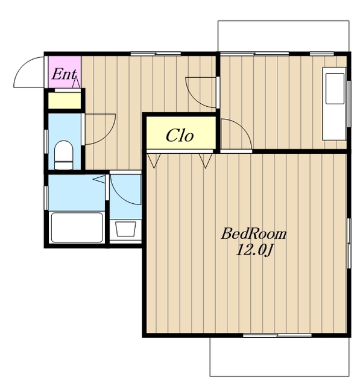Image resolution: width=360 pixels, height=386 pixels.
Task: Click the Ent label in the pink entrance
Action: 64,74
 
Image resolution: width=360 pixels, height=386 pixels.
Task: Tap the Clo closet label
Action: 180,135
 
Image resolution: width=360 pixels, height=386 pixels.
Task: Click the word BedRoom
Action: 254,234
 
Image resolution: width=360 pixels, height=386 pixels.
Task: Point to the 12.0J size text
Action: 254,251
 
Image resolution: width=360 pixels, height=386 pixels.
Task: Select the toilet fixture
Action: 64,155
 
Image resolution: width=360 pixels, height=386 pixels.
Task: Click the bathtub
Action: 77,227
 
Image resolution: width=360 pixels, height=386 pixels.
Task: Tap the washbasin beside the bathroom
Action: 125,229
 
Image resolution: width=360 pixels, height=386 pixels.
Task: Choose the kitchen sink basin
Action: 335,89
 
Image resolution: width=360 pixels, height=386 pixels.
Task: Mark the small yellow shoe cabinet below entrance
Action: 65,101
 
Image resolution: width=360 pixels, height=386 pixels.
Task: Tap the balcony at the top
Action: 283,36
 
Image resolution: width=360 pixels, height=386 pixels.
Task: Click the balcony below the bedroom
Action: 280,356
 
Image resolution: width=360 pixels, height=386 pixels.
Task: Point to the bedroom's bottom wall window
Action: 277,335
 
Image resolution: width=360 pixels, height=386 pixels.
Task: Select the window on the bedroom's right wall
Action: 349,243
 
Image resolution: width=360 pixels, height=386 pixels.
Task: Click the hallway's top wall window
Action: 156,54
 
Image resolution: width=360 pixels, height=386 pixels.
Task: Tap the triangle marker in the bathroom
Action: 99,179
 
